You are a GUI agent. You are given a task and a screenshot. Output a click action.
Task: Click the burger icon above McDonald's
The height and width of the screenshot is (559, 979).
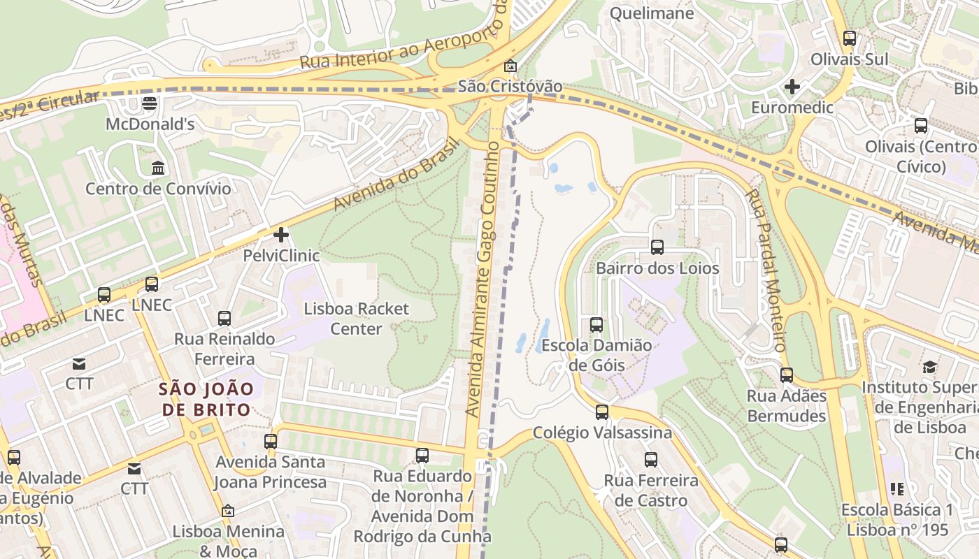click(149, 103)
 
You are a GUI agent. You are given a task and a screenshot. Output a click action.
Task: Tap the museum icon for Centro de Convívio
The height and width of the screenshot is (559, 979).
click(158, 168)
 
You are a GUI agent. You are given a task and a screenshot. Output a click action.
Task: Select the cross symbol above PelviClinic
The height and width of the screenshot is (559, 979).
click(281, 235)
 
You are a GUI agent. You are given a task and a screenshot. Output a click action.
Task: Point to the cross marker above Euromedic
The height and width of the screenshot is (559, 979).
click(792, 87)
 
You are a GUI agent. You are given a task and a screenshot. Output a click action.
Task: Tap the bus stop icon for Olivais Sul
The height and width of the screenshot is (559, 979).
click(850, 38)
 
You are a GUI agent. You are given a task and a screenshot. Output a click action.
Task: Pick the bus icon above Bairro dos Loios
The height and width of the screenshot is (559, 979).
click(657, 247)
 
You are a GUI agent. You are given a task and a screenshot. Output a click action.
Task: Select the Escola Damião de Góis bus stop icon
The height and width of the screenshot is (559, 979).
click(596, 324)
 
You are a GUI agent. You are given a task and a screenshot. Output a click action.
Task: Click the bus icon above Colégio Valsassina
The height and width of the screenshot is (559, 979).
click(602, 412)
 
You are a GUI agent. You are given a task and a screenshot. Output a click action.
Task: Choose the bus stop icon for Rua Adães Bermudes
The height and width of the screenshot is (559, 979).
click(787, 375)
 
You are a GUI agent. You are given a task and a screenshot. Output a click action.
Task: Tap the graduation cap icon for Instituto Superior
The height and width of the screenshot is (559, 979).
click(929, 367)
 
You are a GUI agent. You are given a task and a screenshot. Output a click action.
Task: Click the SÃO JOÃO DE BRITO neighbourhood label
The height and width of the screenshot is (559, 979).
click(205, 399)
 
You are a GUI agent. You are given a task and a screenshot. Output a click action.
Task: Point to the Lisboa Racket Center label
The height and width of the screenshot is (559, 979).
click(356, 319)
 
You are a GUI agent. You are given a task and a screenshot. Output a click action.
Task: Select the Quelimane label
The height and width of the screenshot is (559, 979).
click(652, 13)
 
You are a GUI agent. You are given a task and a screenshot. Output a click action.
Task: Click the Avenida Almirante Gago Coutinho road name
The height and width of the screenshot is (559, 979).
click(482, 279)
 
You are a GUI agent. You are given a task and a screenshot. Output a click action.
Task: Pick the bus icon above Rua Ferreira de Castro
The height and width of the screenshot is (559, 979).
click(651, 459)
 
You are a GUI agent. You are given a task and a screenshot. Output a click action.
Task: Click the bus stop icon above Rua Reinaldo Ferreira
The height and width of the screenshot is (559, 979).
click(224, 319)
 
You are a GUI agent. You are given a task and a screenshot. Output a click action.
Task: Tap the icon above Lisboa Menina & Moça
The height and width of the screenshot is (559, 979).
click(228, 511)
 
